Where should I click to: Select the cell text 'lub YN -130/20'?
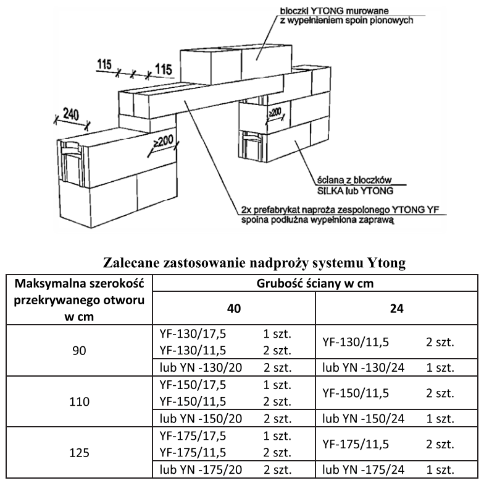point(200,367)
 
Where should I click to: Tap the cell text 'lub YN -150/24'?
point(364,419)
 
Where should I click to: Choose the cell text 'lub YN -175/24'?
point(364,469)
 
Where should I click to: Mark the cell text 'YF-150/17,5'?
point(193,384)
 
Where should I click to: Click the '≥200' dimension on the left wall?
point(164,142)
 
